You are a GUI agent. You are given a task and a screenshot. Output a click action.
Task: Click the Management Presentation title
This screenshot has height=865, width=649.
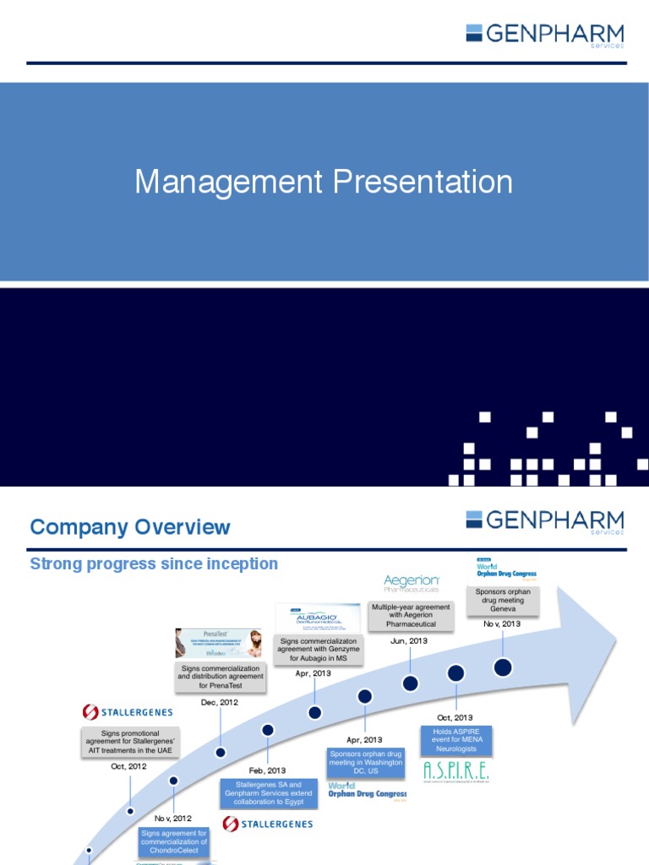[324, 182]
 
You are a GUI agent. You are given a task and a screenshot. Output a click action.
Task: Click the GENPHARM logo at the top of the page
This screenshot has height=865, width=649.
[544, 35]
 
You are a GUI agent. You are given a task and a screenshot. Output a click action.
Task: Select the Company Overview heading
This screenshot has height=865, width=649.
[129, 527]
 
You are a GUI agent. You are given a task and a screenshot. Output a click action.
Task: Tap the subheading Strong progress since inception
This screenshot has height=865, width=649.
[154, 563]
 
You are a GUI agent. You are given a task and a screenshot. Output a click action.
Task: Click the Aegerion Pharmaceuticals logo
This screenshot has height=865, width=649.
[412, 584]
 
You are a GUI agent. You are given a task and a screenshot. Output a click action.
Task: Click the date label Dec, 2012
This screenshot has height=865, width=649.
[220, 701]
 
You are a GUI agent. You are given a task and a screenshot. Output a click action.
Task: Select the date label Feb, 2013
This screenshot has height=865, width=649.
[267, 770]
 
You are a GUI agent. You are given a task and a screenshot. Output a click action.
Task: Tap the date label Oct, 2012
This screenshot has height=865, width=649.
[129, 766]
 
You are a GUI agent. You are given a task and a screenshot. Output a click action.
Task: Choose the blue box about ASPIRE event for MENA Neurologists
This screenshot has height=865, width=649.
[456, 740]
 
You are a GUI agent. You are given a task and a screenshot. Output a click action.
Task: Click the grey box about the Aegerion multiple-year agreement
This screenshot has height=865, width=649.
[412, 616]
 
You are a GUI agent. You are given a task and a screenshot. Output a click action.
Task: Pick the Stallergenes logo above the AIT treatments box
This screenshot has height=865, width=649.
[128, 712]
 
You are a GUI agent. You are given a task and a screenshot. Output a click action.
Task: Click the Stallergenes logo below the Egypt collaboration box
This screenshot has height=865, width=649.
[268, 823]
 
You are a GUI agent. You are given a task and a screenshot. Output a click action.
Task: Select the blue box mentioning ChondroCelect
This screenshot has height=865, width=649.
[174, 842]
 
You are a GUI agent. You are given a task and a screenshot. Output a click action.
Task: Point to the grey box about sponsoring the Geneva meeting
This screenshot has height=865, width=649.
[502, 601]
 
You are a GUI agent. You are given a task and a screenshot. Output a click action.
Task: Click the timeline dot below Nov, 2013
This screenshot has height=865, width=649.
[503, 667]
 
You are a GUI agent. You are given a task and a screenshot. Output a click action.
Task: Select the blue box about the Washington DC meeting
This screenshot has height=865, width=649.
[365, 763]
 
